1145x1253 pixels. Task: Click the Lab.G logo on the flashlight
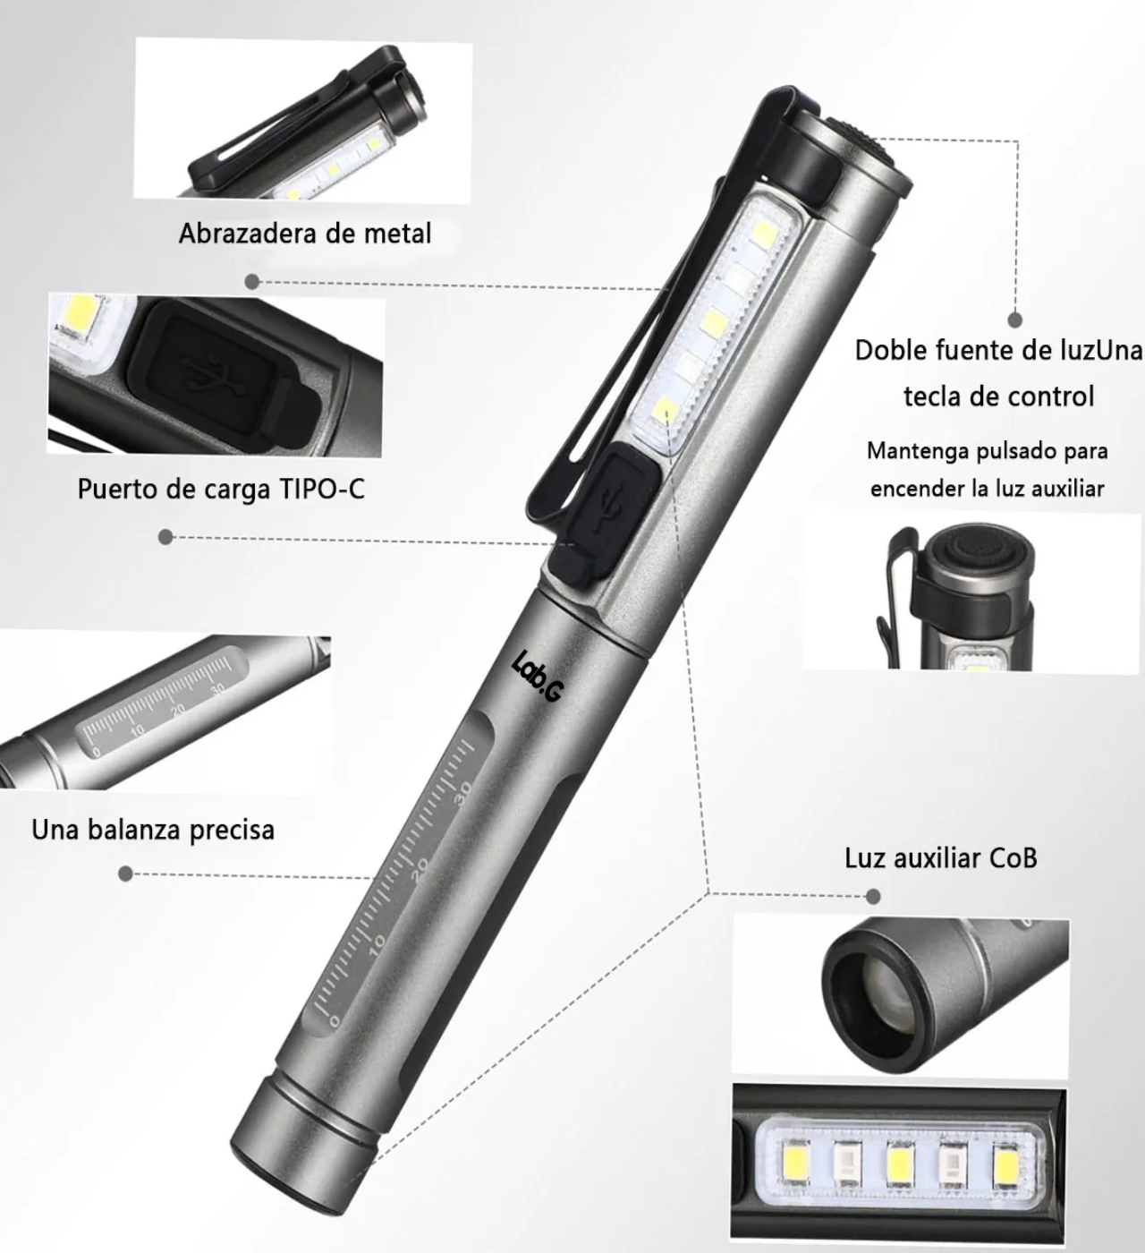[x=538, y=676]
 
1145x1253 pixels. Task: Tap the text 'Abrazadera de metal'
[x=305, y=234]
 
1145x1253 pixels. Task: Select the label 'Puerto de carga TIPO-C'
[x=221, y=489]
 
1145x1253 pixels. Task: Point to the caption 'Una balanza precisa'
[x=153, y=831]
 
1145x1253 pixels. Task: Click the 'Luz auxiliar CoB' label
[x=941, y=858]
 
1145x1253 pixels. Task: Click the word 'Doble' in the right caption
[x=891, y=351]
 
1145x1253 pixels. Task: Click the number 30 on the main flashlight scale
[x=464, y=795]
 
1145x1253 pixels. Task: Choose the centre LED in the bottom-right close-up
[x=899, y=1165]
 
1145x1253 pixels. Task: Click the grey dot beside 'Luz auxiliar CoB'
[x=873, y=896]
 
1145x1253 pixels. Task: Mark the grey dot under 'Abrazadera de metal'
[x=251, y=282]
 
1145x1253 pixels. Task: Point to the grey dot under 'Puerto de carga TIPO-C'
[x=165, y=537]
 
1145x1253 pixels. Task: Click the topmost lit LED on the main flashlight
[x=764, y=234]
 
